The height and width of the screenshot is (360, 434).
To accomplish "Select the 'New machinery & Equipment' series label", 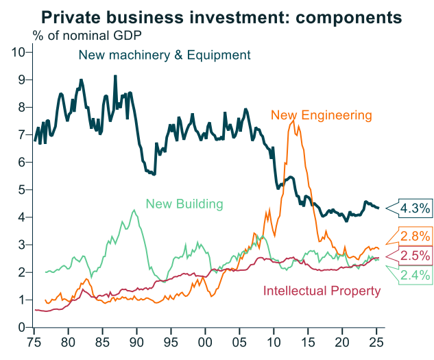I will (165, 55).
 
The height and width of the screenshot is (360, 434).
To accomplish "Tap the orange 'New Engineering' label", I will (322, 115).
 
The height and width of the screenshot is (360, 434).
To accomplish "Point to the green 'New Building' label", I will (184, 204).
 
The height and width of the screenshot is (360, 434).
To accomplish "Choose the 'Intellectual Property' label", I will (322, 291).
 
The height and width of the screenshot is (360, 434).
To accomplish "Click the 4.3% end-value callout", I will (415, 207).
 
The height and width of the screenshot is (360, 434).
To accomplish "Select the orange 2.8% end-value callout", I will (415, 237).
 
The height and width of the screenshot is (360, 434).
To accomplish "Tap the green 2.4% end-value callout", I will (415, 276).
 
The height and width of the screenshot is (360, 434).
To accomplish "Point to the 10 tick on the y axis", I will (19, 52).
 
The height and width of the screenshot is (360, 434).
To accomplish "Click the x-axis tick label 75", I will (34, 341).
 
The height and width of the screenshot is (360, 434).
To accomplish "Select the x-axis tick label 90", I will (136, 341).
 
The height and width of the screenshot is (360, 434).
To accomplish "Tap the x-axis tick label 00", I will (205, 341).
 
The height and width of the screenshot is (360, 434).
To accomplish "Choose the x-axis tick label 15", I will (308, 341).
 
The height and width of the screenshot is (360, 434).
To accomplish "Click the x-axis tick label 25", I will (376, 341).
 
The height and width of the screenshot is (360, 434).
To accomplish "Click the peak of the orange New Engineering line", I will (294, 117).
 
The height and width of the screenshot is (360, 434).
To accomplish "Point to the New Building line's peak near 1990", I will (134, 210).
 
